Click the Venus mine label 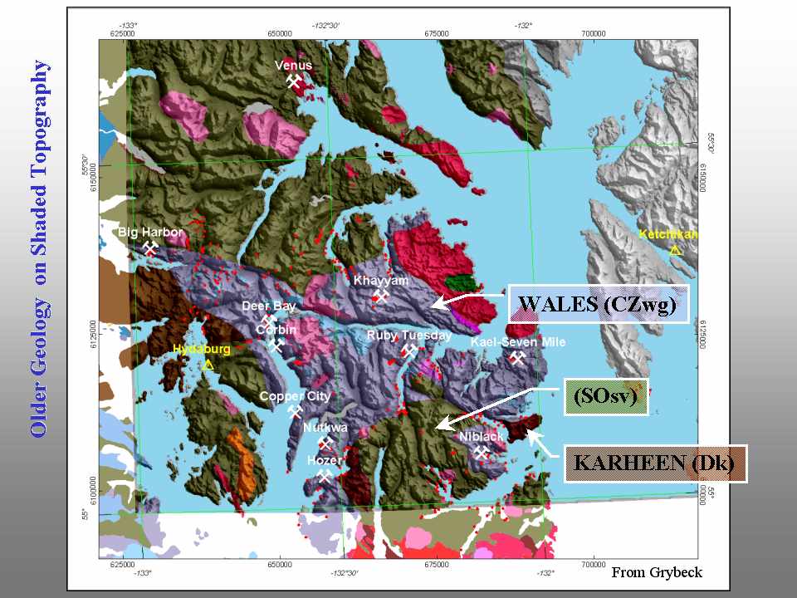pos(293,66)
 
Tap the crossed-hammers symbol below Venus pos(293,81)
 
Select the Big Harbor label pos(149,233)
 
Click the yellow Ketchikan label pos(668,234)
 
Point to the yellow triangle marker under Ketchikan pos(675,249)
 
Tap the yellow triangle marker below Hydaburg pos(208,365)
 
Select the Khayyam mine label pos(381,281)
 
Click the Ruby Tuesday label pos(409,336)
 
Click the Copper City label pos(295,396)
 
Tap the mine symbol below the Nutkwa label pos(325,443)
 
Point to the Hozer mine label pos(324,459)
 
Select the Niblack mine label pos(481,436)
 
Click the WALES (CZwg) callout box pos(599,304)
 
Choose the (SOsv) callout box pos(604,398)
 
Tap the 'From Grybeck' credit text pos(657,571)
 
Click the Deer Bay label pos(268,306)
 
